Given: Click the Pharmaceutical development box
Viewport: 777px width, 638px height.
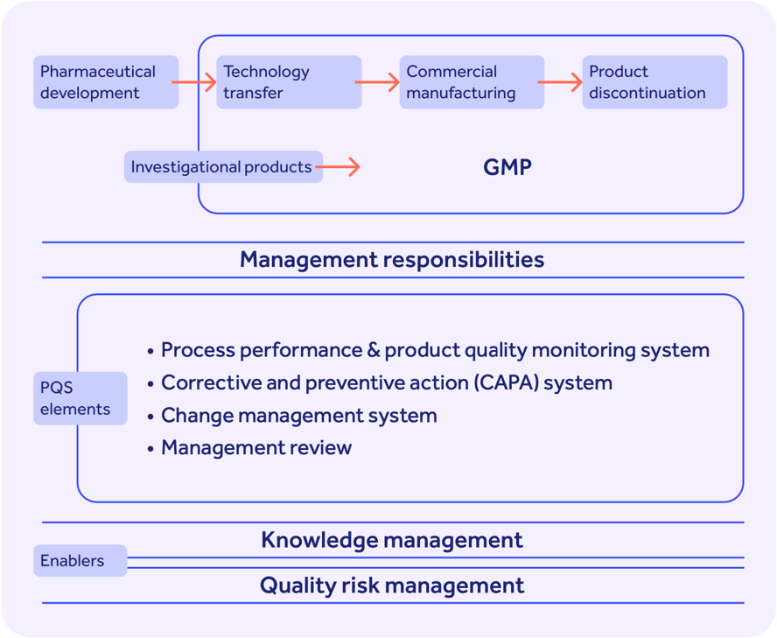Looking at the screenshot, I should (x=105, y=82).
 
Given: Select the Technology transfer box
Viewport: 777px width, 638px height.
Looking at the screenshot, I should (x=288, y=82).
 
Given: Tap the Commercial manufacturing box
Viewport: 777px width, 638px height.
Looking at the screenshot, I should (x=471, y=82).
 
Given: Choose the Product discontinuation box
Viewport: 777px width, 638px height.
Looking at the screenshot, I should (x=654, y=82).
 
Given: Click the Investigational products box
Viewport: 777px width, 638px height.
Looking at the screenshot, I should (x=222, y=166).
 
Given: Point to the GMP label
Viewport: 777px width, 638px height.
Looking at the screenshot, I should (x=507, y=167).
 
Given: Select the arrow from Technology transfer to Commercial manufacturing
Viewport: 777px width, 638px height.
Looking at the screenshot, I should (x=378, y=82).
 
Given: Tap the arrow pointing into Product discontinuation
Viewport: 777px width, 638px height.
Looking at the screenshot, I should (x=561, y=82).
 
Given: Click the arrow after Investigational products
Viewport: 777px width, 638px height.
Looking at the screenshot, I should (x=339, y=166).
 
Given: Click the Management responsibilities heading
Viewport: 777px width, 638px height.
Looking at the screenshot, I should (x=392, y=260).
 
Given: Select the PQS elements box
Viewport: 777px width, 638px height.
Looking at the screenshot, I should (x=80, y=398).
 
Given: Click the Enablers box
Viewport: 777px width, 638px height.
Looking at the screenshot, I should (x=80, y=561).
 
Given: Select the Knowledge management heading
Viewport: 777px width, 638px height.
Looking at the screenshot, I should (x=392, y=540).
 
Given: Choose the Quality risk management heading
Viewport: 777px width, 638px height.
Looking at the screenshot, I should (x=392, y=585).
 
